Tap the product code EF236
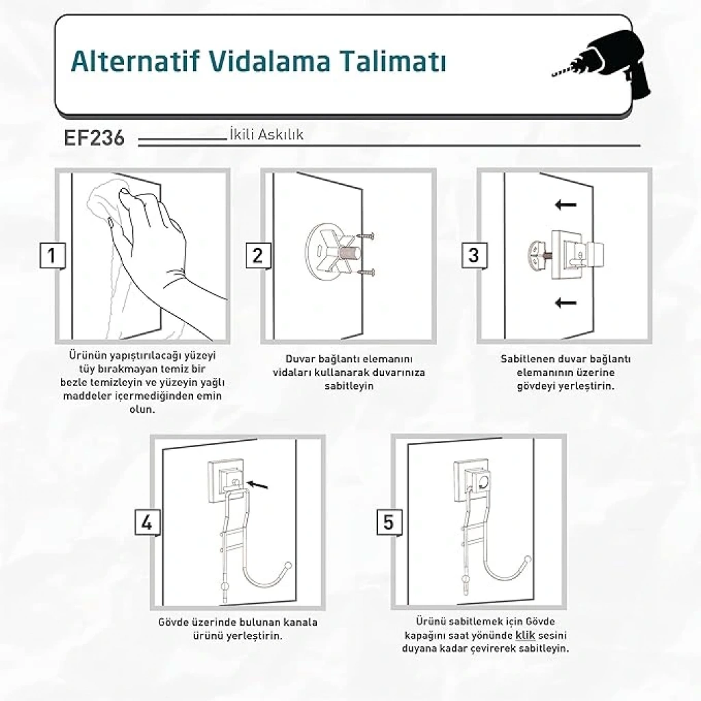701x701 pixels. [x=94, y=138]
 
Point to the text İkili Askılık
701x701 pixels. [x=266, y=134]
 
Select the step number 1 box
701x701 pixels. [x=52, y=256]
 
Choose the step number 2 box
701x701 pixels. [x=258, y=256]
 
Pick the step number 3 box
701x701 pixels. [x=474, y=256]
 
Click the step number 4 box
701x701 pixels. [x=148, y=522]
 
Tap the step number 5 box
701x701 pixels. [x=389, y=522]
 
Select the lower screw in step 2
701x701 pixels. [x=366, y=272]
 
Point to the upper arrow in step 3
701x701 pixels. [x=565, y=205]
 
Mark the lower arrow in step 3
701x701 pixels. [x=565, y=303]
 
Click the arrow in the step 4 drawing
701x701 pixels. [x=257, y=484]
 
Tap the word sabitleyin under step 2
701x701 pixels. [x=348, y=386]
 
